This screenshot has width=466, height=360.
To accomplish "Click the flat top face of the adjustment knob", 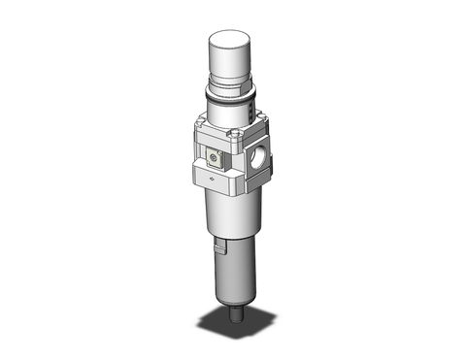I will pyautogui.click(x=230, y=39).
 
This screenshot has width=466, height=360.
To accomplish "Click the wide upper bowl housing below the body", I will pyautogui.click(x=228, y=213).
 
